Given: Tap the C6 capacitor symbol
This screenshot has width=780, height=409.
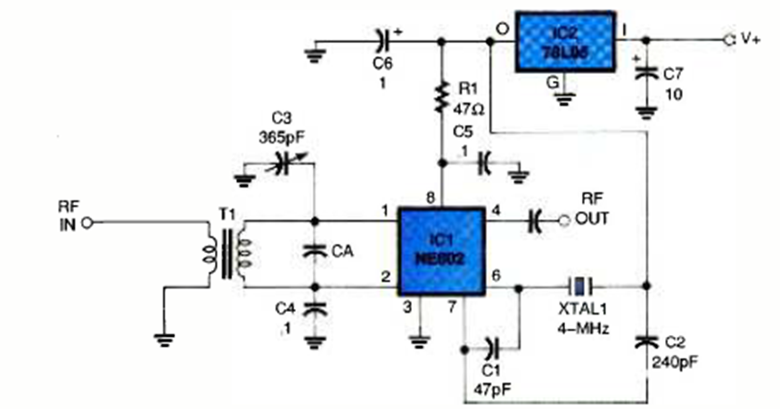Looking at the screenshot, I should [x=383, y=40].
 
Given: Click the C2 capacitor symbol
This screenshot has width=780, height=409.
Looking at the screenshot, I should [x=647, y=341].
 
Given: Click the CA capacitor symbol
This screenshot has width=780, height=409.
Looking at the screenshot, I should [x=314, y=251].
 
